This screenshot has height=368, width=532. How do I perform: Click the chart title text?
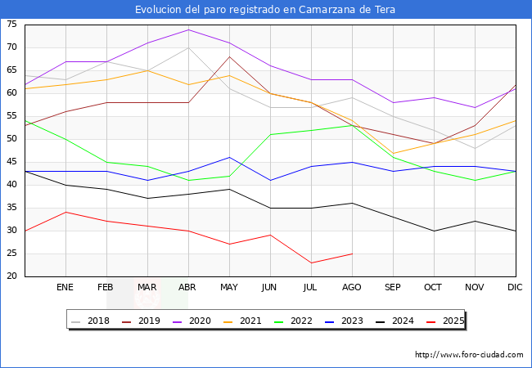266,10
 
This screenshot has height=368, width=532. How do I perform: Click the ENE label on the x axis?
65,288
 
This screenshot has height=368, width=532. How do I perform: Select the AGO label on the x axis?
352,288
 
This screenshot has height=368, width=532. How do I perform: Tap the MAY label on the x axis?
229,288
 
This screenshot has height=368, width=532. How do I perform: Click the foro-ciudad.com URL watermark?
469,355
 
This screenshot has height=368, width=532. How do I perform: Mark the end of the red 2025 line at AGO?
352,254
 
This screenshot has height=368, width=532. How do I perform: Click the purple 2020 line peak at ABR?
188,29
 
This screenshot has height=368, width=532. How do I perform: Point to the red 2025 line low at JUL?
311,263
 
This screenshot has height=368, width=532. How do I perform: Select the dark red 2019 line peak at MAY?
229,56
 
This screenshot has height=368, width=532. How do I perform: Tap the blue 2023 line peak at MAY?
229,157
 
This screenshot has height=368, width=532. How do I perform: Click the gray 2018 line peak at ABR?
188,47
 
